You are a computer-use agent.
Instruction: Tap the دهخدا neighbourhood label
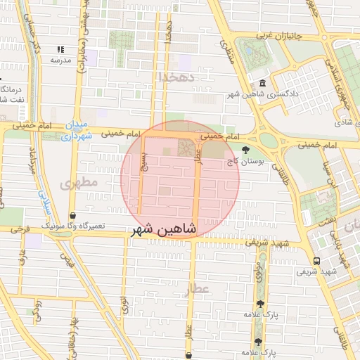[174, 75]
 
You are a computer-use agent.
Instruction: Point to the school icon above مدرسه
[60, 49]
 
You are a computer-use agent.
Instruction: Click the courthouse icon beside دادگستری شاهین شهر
[262, 82]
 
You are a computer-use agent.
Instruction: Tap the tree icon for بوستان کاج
[245, 149]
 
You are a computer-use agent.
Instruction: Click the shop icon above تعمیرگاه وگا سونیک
[73, 216]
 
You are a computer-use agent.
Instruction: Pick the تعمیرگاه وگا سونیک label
[73, 226]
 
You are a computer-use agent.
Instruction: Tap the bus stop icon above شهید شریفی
[316, 260]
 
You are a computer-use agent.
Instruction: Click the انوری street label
[124, 304]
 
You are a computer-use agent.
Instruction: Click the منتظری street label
[227, 49]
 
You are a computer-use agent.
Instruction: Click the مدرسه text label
[60, 60]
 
